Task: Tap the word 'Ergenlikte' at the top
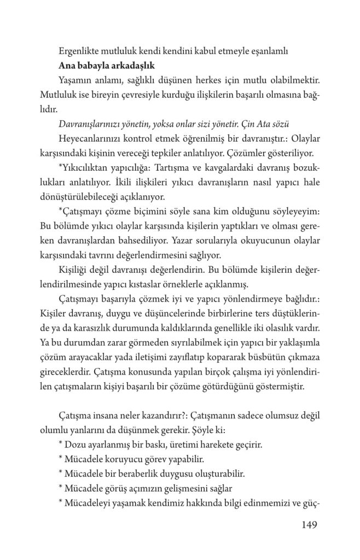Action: click(x=78, y=52)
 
